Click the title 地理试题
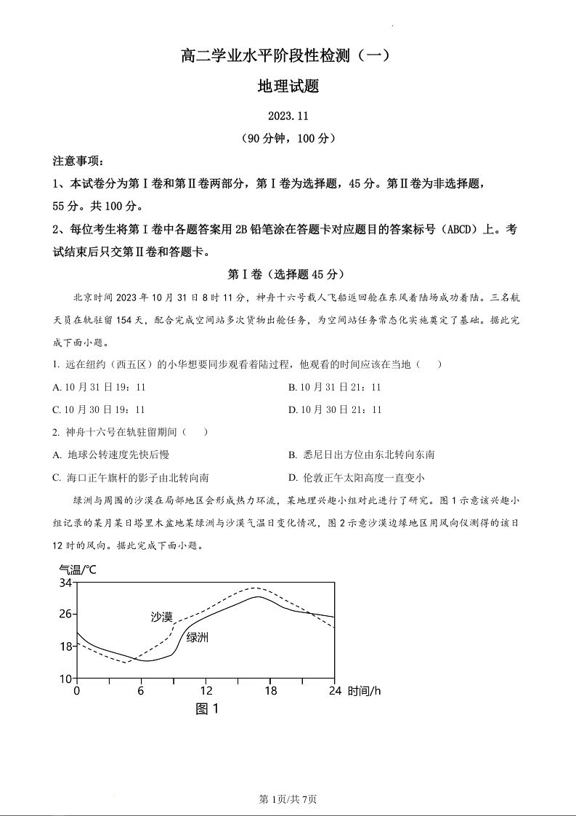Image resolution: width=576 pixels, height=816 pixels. click(x=288, y=87)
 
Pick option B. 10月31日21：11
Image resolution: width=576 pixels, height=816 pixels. click(x=334, y=388)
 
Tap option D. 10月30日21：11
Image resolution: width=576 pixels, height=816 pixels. click(x=334, y=409)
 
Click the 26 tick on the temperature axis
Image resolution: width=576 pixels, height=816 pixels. click(x=65, y=614)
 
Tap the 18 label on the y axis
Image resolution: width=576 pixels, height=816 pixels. click(x=65, y=646)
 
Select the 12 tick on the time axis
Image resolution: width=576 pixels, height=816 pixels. click(x=206, y=690)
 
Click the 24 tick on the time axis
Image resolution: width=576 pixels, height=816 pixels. click(x=335, y=690)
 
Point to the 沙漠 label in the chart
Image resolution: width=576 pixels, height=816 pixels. click(x=161, y=617)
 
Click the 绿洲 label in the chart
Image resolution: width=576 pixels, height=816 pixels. click(x=198, y=637)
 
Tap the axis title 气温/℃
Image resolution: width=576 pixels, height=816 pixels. click(x=77, y=569)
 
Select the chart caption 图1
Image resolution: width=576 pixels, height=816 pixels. click(x=207, y=708)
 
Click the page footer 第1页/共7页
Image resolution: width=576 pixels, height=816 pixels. click(x=288, y=799)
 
